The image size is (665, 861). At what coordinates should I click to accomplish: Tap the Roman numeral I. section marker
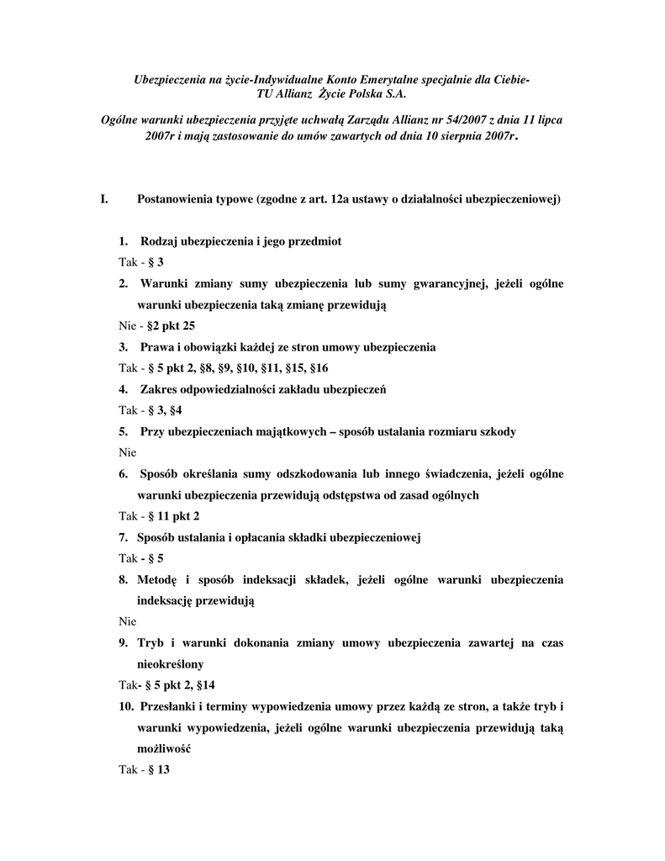coord(104,200)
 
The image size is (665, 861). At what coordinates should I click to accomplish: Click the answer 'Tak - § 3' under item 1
coord(140,262)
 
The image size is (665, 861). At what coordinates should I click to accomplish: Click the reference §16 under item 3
coord(319,367)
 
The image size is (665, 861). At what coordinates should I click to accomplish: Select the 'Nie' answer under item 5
coord(127,452)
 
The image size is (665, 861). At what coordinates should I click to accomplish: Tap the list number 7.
coord(123,536)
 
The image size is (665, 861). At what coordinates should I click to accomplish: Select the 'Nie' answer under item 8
coord(127,621)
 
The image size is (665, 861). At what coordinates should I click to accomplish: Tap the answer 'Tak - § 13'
coord(144,769)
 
